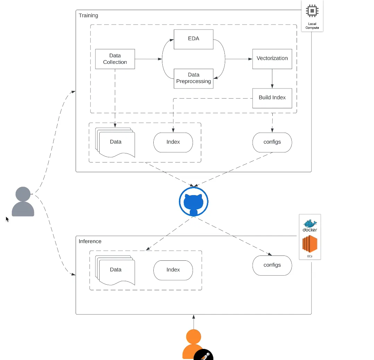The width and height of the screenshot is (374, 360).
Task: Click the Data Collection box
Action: coord(115,59)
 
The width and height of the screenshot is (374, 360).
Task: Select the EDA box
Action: coord(193,39)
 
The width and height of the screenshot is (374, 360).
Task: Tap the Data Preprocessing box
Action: coord(193,78)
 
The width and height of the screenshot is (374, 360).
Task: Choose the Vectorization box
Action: coord(272,59)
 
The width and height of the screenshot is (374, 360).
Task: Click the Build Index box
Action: coord(272,98)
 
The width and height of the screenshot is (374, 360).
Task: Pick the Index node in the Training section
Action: coord(173,142)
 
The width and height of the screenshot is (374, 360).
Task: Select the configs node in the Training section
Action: coord(272,142)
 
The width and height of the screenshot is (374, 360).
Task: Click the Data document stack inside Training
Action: coord(116,142)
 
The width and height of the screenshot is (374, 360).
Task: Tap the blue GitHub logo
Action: coord(194,202)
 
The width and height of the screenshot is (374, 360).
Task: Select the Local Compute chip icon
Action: coord(312,11)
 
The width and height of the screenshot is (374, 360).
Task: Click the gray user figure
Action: coord(23,202)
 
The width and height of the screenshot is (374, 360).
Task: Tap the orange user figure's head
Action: coord(194,337)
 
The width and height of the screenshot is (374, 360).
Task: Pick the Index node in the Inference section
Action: coord(173,270)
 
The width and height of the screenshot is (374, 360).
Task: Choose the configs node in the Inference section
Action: coord(272,265)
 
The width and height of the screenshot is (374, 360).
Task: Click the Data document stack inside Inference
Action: coord(116,270)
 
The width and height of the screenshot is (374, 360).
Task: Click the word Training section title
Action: coord(88,16)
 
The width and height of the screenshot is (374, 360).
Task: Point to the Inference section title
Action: coord(90,241)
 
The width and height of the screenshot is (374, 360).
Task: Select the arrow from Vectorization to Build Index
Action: coord(272,78)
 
